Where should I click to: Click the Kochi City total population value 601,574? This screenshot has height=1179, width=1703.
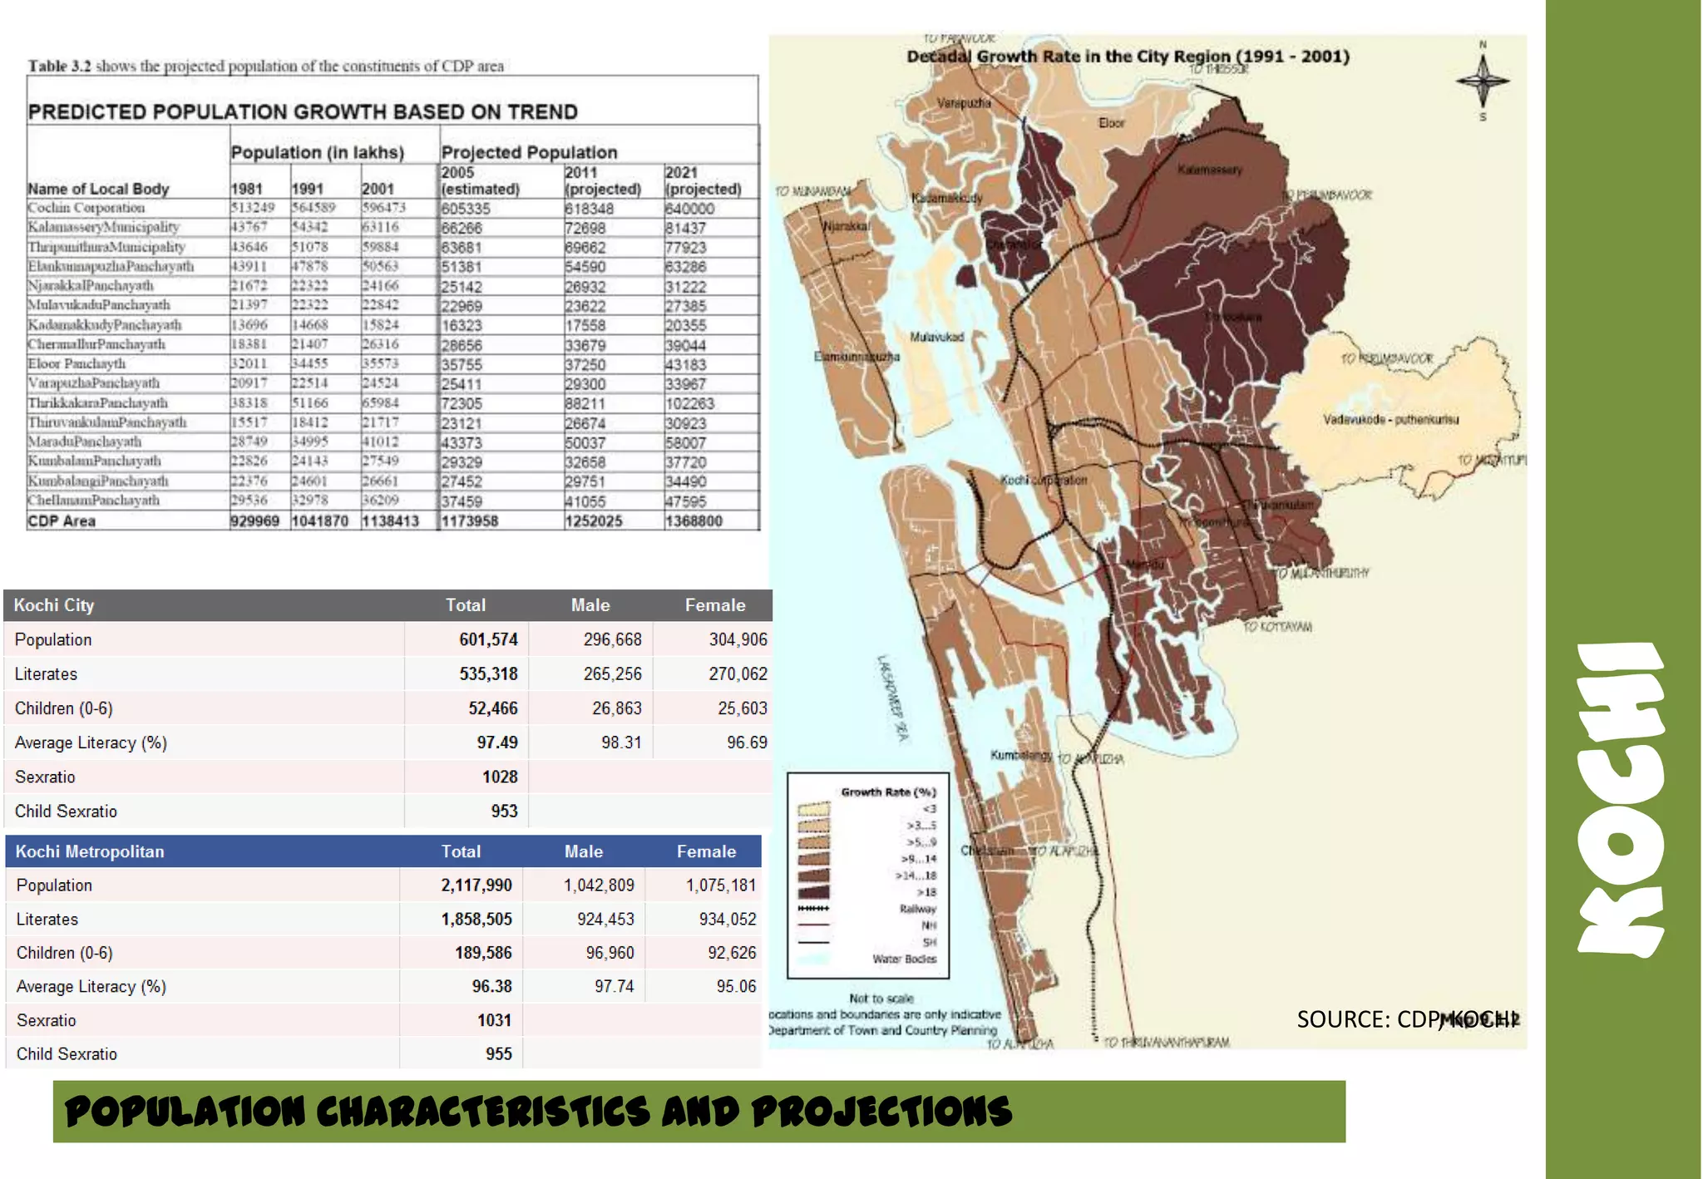point(488,639)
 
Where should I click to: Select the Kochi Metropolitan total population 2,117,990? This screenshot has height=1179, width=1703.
point(476,885)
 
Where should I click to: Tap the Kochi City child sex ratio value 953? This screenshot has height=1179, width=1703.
point(504,811)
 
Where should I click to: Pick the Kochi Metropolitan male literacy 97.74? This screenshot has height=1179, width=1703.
point(614,987)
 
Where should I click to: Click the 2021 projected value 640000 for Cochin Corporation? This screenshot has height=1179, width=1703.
point(689,209)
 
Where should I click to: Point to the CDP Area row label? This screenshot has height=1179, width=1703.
point(62,521)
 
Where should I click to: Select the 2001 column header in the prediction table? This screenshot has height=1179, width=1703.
point(378,189)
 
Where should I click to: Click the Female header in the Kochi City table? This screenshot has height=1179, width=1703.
point(715,605)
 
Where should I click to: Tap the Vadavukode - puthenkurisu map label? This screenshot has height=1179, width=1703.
point(1390,420)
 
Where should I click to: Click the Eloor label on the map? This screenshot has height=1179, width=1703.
point(1111,123)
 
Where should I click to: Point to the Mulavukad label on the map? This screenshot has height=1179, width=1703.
point(936,337)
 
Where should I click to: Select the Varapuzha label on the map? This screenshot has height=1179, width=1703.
point(964,103)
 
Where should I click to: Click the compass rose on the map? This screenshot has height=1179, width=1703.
point(1483,81)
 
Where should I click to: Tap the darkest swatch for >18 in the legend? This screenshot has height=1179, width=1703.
point(813,892)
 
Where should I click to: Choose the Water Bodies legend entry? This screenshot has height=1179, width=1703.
point(904,959)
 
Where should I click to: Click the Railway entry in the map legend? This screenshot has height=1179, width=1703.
point(917,909)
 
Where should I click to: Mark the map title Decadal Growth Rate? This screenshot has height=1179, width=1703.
point(1128,57)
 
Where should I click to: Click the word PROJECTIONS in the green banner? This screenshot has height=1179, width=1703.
point(881,1112)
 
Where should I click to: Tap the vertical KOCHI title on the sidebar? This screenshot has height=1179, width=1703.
point(1622,798)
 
